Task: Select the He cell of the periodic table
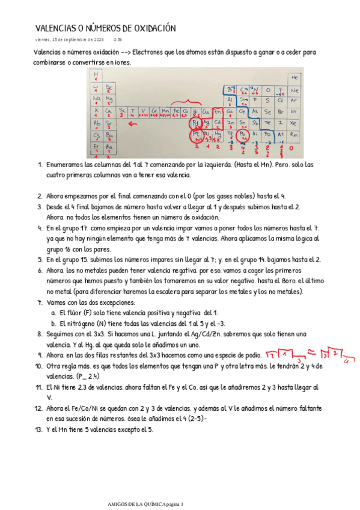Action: click(x=294, y=78)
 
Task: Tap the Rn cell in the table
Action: click(x=294, y=135)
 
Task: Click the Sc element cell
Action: click(x=123, y=111)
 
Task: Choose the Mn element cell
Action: click(x=165, y=111)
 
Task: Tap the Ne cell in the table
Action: click(x=294, y=90)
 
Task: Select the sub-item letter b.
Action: click(x=54, y=323)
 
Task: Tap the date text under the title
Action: click(x=70, y=40)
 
